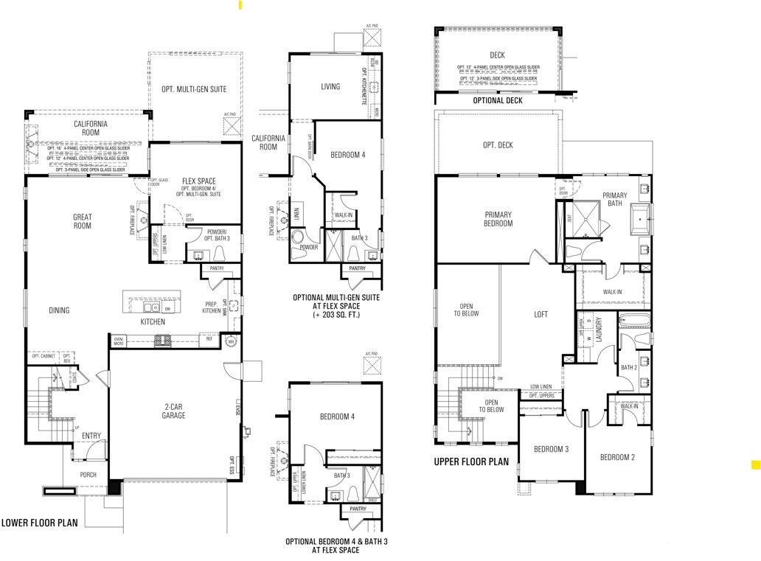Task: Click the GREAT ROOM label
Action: point(82,221)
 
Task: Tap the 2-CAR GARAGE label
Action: point(174,411)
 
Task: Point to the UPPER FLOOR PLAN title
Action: point(471,462)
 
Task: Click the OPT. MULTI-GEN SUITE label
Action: point(194,89)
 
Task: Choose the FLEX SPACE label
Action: point(198,181)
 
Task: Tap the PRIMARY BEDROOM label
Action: point(498,219)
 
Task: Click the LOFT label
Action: point(541,314)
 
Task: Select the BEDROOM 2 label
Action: point(618,457)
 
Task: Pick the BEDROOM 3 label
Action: point(552,449)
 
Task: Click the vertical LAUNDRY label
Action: point(599,329)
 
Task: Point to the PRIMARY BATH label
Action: point(614,200)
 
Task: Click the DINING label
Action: point(59,310)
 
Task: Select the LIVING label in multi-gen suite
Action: point(330,87)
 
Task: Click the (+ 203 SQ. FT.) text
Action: point(336,315)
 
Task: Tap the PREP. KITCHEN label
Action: point(212,307)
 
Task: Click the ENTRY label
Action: point(91,436)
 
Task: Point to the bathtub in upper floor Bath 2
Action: point(636,321)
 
